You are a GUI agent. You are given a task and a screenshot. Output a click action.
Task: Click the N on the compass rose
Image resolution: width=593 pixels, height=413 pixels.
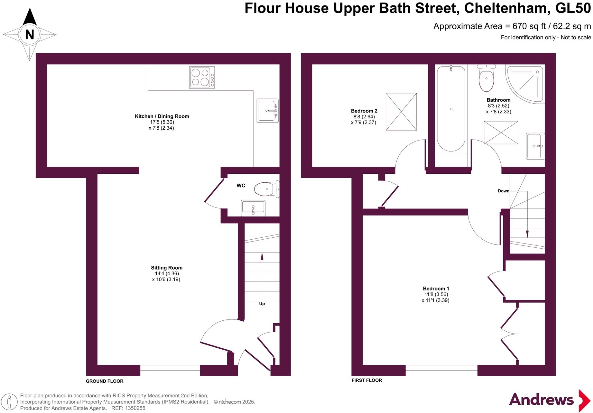pos(30,35)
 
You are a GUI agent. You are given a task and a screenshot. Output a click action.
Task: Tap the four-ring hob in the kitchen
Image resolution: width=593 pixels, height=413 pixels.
pos(202,77)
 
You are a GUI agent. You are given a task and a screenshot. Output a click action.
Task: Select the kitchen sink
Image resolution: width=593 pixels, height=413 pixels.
pos(267,111)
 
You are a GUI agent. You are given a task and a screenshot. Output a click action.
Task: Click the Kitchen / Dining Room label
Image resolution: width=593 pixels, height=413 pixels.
pos(162,116)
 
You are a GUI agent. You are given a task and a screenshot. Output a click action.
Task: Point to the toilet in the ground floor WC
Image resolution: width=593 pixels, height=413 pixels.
pos(266,189)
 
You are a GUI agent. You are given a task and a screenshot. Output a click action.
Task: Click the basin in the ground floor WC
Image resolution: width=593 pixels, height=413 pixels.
pos(253,208)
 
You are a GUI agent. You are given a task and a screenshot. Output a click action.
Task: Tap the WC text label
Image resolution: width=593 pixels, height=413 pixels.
pos(241,186)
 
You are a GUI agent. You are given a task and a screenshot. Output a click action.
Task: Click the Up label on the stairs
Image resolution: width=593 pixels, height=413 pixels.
pos(262,304)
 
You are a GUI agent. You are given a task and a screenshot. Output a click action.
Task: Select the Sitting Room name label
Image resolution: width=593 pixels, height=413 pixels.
pos(166,268)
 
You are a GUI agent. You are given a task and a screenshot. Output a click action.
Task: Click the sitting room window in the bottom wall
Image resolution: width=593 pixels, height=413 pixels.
pos(170,370)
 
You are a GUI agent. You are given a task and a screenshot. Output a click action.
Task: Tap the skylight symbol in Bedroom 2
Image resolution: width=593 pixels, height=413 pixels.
pos(401,112)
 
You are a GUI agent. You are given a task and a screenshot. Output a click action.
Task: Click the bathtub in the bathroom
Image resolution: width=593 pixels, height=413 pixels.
pos(451,109)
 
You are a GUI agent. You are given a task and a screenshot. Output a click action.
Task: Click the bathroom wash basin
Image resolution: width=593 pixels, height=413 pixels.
pos(535,146)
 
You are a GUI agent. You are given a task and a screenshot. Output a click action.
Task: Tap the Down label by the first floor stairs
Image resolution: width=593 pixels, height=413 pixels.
pos(503,191)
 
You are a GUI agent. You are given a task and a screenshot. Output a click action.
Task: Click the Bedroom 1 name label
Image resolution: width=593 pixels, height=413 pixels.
pos(436,289)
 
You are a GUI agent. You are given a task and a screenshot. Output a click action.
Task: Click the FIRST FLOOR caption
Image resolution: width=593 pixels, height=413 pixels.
pos(367,380)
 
